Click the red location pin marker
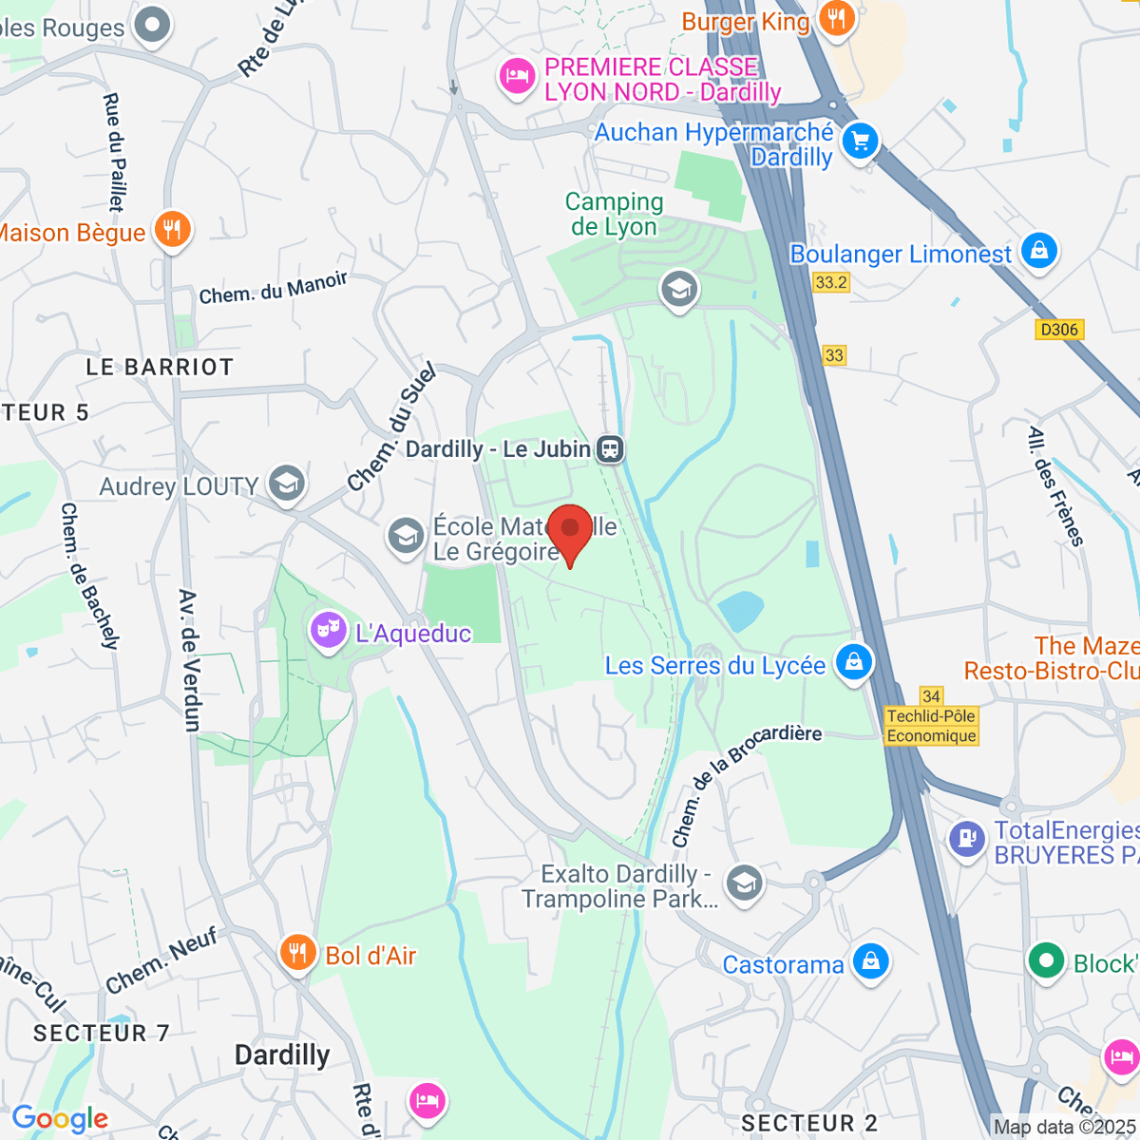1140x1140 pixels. (570, 530)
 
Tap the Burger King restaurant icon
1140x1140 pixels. (836, 17)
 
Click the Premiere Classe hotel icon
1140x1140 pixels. (517, 76)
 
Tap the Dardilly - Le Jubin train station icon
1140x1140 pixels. (610, 448)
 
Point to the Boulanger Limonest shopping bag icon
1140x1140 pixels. (1039, 252)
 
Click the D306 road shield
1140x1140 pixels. (1059, 330)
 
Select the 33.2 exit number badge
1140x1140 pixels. (831, 282)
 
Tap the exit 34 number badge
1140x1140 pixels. (931, 696)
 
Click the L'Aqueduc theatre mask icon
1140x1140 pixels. (328, 630)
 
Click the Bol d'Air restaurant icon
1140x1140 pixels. (297, 953)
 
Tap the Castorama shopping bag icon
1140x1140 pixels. (870, 961)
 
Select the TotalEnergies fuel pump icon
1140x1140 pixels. (967, 839)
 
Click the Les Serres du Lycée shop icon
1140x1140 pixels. (853, 662)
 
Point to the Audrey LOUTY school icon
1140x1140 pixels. (286, 484)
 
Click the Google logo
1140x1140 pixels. (60, 1119)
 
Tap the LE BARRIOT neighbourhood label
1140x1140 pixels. (160, 368)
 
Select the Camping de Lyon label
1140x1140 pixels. (614, 214)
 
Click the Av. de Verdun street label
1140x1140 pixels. (190, 660)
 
